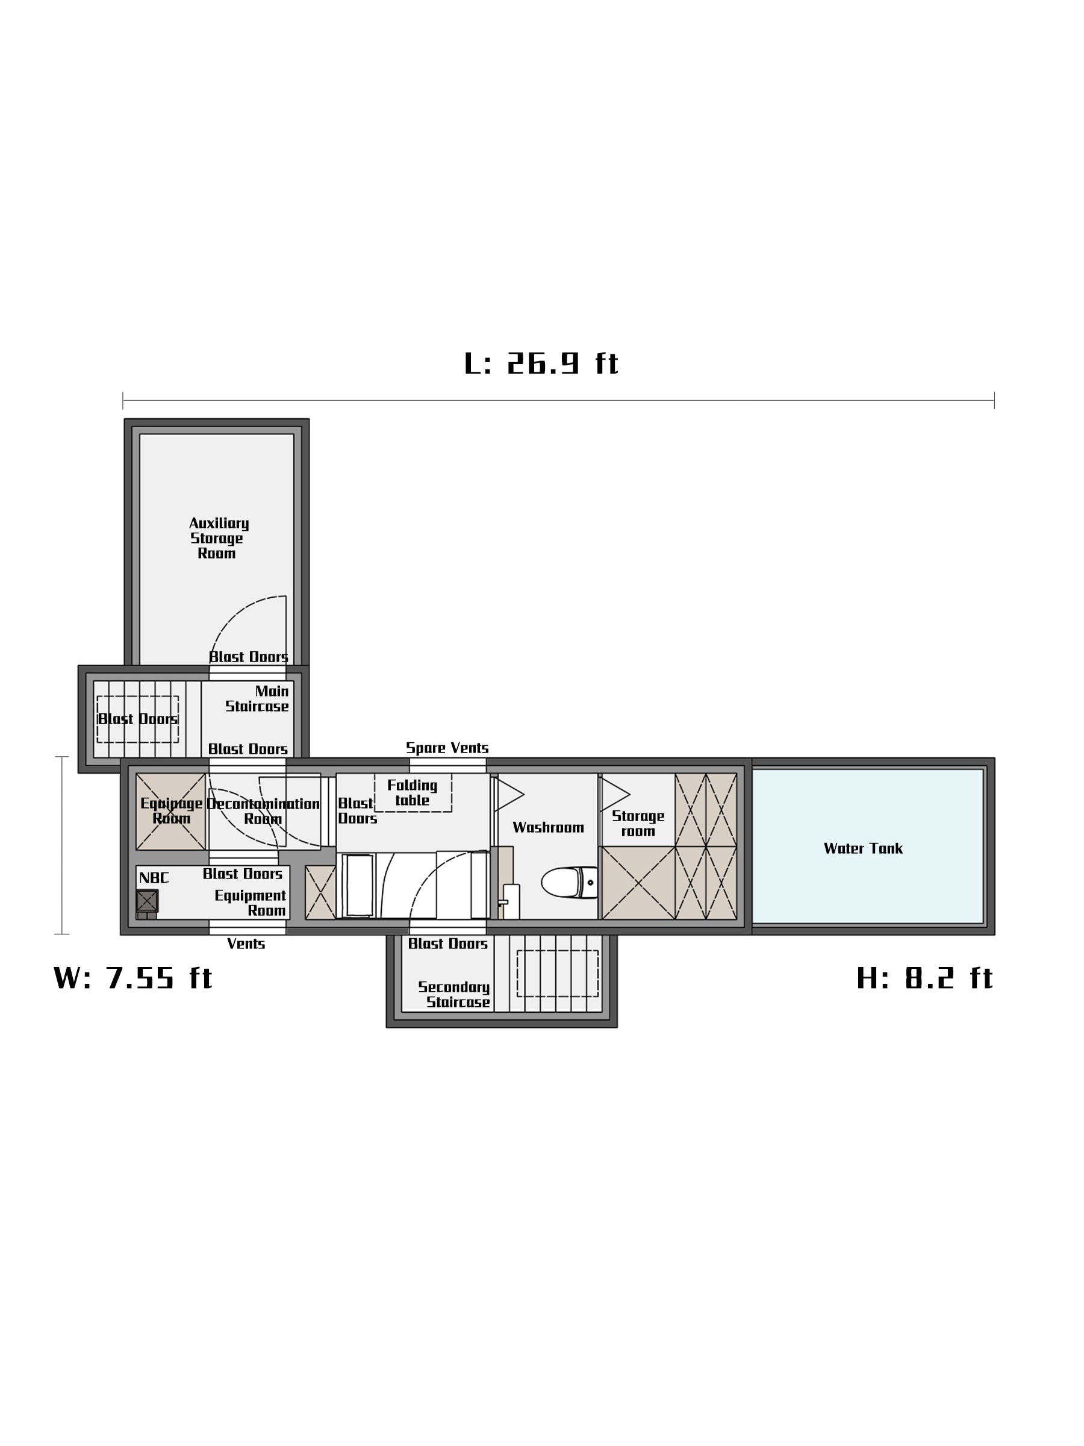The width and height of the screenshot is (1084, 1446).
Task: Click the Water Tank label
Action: point(862,848)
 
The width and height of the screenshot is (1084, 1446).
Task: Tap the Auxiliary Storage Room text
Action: point(218,538)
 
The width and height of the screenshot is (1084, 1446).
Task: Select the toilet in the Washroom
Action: point(569,882)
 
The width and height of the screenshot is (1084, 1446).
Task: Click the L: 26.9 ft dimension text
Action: point(541,363)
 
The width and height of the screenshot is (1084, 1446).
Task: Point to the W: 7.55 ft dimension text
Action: point(132,978)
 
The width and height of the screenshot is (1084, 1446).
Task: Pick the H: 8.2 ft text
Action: point(924,978)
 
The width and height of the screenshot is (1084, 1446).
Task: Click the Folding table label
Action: point(412,792)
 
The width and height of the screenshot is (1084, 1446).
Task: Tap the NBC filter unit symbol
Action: point(146,901)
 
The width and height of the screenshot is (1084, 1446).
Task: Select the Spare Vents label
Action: point(447,748)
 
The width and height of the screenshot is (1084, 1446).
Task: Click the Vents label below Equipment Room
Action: point(246,944)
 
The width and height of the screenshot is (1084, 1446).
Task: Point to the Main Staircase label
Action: point(257,699)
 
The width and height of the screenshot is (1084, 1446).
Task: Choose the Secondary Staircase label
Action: point(454,994)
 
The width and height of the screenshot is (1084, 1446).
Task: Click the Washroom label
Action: point(547,828)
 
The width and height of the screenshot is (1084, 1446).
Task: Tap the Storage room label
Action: point(638,824)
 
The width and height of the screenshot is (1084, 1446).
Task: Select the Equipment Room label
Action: point(251,903)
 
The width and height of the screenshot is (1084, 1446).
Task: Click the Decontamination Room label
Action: point(263,811)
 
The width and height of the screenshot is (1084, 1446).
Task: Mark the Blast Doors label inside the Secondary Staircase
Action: point(447,944)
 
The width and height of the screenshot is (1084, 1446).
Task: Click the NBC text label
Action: point(154,878)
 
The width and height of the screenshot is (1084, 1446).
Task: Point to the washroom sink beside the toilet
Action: point(511,901)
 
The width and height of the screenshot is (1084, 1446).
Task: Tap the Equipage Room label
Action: point(171,810)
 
